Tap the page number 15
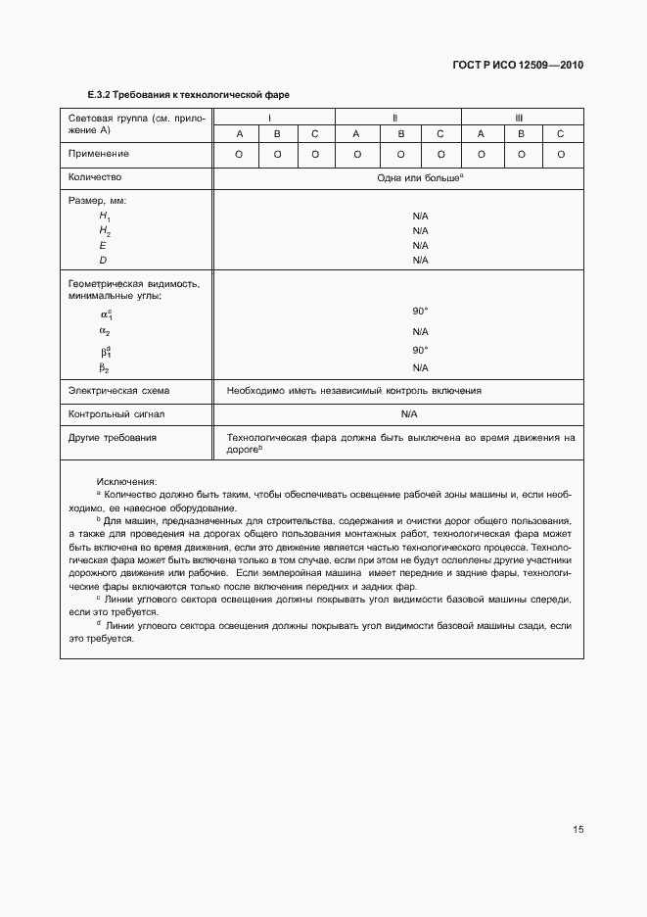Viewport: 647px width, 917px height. [578, 829]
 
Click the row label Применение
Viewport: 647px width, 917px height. [99, 154]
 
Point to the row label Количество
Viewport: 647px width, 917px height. [95, 177]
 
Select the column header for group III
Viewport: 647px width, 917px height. [519, 118]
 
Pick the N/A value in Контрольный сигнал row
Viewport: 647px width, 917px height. [409, 413]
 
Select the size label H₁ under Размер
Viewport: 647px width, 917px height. [105, 216]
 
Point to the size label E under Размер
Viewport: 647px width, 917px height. [102, 245]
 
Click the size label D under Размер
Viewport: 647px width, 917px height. [102, 260]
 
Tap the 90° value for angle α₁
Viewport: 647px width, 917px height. [420, 311]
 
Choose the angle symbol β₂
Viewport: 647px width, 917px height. [105, 368]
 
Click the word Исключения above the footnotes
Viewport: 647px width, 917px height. [126, 481]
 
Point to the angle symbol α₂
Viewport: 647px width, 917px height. [105, 331]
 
